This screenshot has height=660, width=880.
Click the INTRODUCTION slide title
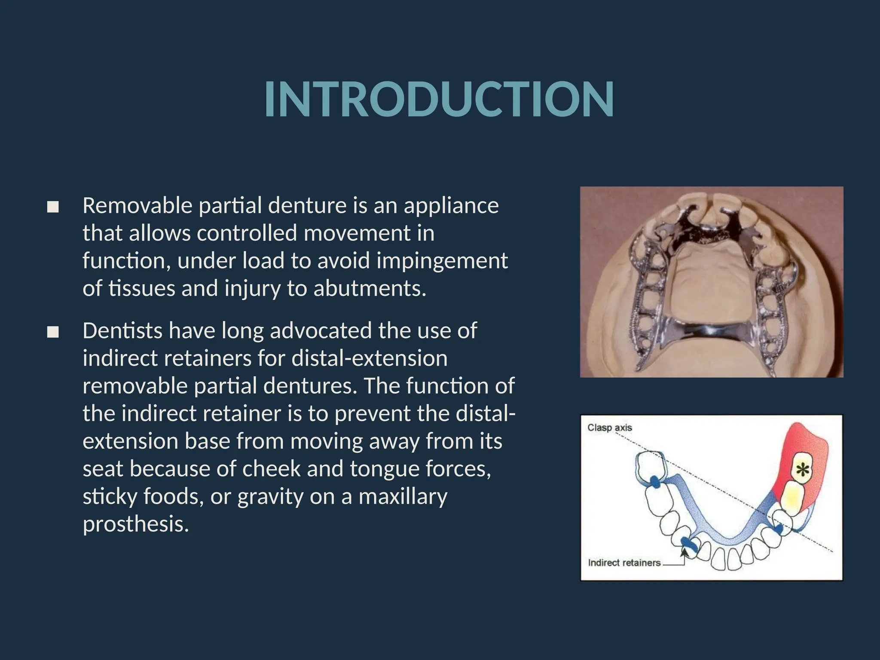click(x=439, y=100)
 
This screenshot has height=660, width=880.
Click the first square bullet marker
click(x=53, y=208)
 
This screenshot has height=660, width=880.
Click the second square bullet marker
click(x=53, y=332)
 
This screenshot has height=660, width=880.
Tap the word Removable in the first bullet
click(x=137, y=205)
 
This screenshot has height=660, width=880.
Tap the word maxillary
click(x=403, y=497)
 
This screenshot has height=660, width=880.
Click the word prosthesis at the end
click(x=135, y=524)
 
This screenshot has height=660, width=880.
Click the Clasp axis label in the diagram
click(x=609, y=428)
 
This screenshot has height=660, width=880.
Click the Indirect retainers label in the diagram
click(x=624, y=563)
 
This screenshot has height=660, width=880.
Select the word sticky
click(x=109, y=497)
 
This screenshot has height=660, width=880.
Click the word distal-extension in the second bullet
click(x=370, y=359)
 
